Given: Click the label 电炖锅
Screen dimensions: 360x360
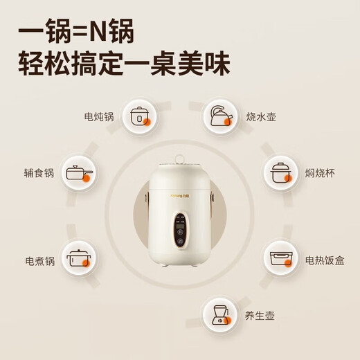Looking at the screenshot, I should (100, 117).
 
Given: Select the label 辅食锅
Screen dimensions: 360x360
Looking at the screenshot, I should (39, 173).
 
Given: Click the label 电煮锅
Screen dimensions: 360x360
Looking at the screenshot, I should (39, 262).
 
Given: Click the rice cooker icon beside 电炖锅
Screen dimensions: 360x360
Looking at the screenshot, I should (141, 117).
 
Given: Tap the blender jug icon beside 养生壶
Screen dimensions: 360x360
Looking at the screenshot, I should (220, 315).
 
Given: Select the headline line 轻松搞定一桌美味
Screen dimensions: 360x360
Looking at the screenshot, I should (125, 64).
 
